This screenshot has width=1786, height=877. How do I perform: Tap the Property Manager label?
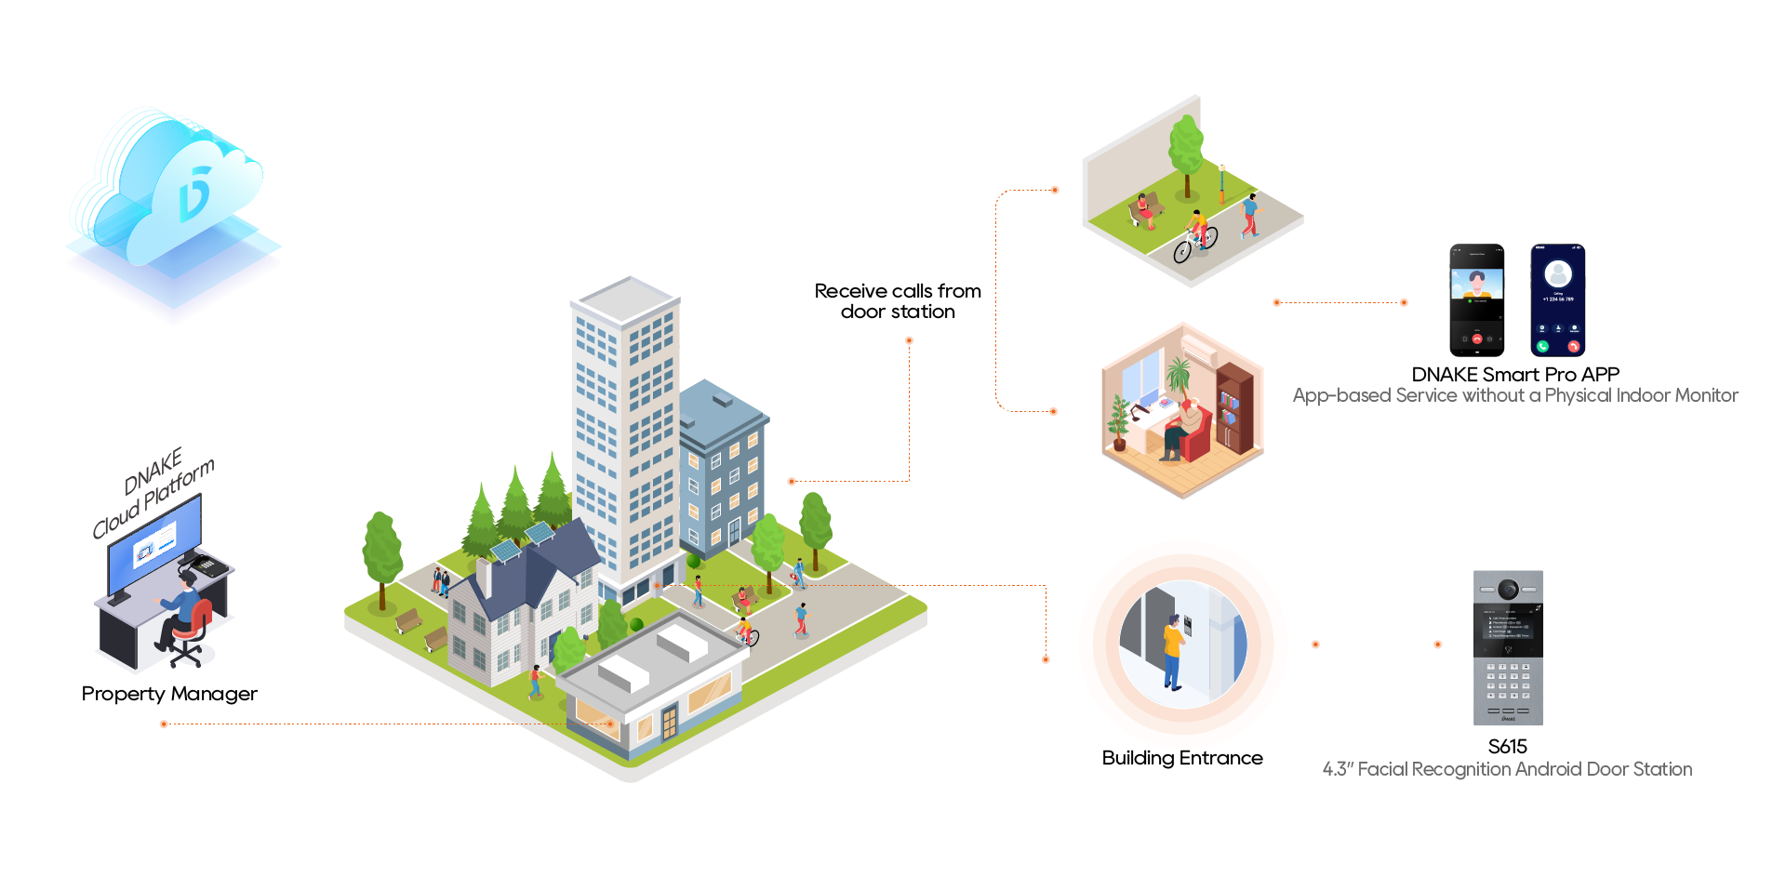(169, 694)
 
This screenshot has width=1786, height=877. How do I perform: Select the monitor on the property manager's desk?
(153, 544)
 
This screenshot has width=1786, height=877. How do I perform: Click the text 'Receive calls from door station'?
(898, 301)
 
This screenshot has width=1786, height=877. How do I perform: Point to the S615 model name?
(1507, 747)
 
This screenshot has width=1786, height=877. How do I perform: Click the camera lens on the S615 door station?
(1508, 589)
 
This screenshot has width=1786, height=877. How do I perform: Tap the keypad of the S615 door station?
(1508, 682)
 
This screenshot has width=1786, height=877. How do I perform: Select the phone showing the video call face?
(1477, 299)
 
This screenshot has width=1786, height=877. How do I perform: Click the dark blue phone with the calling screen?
(1558, 299)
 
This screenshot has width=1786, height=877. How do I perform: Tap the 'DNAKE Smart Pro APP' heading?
(1515, 375)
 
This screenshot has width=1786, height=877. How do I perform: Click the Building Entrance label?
(1182, 758)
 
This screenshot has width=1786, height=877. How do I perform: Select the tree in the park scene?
(1186, 149)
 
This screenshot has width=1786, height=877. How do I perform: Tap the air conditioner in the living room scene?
(1198, 351)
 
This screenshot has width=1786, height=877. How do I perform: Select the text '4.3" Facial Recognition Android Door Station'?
(1507, 769)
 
